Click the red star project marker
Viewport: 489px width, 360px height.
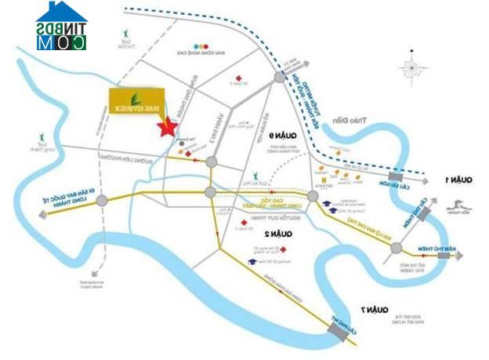(x=166, y=127)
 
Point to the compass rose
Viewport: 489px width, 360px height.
(x=411, y=69)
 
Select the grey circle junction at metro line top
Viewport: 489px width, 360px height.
(x=281, y=77)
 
